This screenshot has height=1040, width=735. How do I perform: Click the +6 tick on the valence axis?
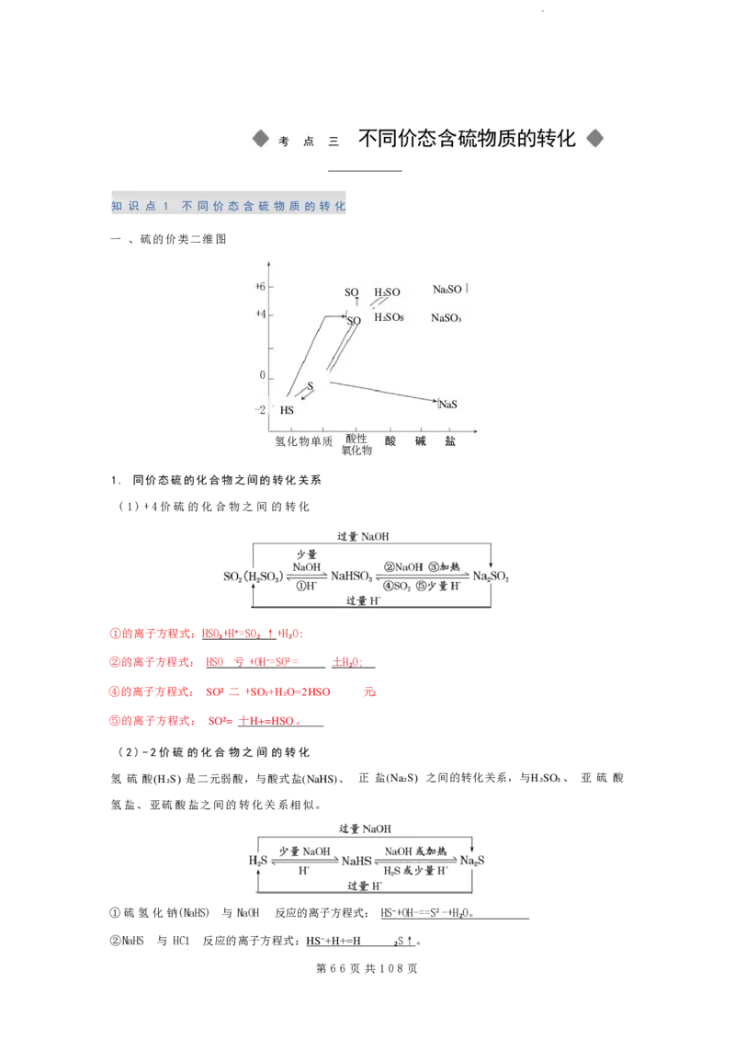pos(260,287)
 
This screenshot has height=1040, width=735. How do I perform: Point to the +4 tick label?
pos(260,314)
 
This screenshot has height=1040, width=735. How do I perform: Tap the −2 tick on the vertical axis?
pos(260,410)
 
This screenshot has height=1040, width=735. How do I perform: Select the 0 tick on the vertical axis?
pos(262,376)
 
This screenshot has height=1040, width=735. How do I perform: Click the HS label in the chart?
pos(287,410)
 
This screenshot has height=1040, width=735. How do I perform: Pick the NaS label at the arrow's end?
pos(449,405)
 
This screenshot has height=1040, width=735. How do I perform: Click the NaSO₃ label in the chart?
pos(446,318)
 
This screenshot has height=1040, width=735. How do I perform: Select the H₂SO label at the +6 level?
pos(387,292)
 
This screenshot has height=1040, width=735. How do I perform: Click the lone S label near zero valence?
pos(311,386)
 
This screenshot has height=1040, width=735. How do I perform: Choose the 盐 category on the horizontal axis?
pos(450,441)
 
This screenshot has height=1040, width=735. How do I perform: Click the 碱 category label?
pos(421,441)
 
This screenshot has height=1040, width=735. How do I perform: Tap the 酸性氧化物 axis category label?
pos(356,445)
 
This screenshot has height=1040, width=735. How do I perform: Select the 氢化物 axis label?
pos(291,441)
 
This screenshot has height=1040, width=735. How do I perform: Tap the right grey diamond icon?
pos(595,139)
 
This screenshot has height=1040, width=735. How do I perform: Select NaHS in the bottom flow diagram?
pos(356,861)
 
